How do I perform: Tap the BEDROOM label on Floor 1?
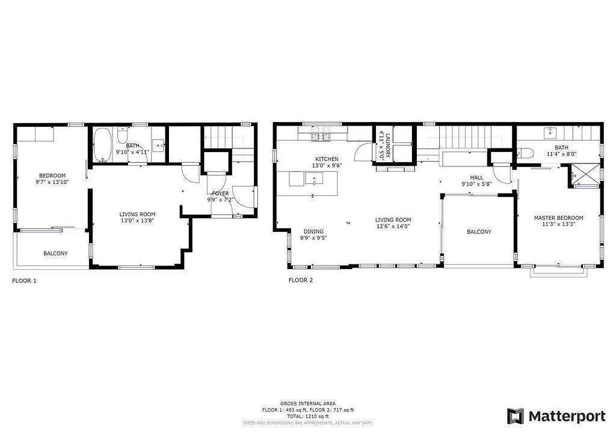click(x=52, y=175)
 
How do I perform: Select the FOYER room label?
click(x=220, y=194)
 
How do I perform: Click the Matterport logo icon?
click(x=515, y=416)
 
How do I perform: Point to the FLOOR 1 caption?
click(x=24, y=281)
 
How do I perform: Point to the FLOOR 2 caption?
click(x=301, y=280)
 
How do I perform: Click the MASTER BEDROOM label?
click(x=558, y=218)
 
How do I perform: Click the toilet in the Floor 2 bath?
click(x=526, y=153)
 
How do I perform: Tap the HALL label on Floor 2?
click(x=476, y=178)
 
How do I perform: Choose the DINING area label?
click(x=313, y=231)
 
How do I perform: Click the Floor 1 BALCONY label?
click(x=55, y=254)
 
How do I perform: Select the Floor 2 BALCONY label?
click(x=479, y=232)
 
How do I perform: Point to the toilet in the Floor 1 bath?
click(x=122, y=136)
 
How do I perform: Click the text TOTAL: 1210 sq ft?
click(x=307, y=416)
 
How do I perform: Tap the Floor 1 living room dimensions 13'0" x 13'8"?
click(x=137, y=221)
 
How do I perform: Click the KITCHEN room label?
click(x=327, y=159)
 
